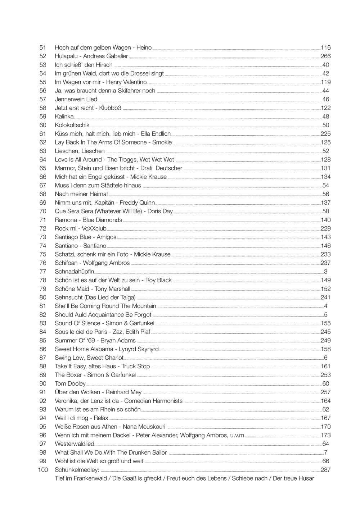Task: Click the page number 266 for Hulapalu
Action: click(325, 56)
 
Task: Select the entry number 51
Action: click(43, 47)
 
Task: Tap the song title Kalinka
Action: click(64, 117)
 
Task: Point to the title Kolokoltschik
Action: click(72, 125)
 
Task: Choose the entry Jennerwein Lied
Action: click(76, 99)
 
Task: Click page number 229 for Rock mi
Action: click(325, 228)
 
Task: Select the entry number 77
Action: click(43, 272)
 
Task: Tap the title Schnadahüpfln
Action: click(74, 272)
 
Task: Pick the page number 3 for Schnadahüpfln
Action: click(326, 272)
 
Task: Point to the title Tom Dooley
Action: click(70, 384)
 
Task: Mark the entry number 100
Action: click(43, 470)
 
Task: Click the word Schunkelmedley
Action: click(77, 470)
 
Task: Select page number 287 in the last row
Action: click(325, 470)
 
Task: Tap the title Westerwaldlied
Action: click(75, 444)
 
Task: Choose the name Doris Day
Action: click(160, 211)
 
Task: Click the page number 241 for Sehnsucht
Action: click(325, 297)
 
